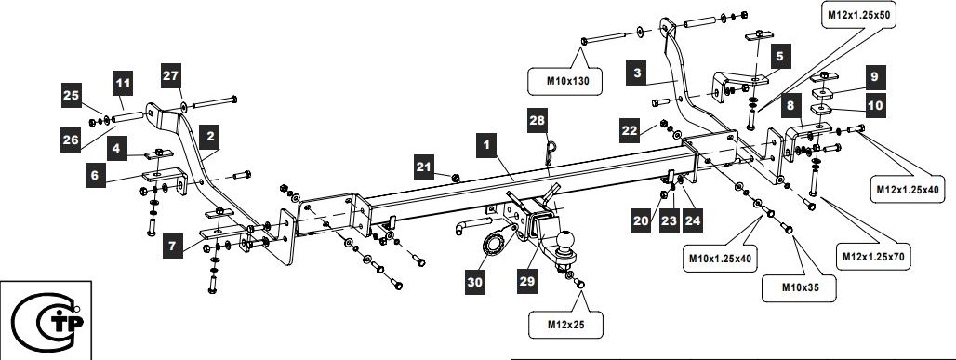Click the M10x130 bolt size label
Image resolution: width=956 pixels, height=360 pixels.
pos(564,81)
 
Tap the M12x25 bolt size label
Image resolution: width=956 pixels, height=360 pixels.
pos(565,325)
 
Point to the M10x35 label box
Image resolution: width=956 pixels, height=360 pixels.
pos(799,287)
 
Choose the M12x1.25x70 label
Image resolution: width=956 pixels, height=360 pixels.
pos(872,256)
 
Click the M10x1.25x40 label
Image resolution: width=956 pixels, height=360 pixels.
pos(719,258)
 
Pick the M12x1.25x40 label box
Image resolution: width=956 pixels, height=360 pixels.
pos(907,189)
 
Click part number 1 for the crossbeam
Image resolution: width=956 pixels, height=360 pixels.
pos(486,146)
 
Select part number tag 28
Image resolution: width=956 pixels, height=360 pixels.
pos(538,122)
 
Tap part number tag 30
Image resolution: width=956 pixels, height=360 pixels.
pos(475,283)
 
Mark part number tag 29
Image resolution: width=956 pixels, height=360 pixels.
pos(527,281)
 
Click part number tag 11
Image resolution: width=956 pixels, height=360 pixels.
pos(122,83)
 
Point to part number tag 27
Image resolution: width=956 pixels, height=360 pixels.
pos(171,75)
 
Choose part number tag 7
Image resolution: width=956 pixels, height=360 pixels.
pos(173,247)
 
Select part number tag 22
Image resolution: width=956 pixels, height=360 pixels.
pos(630,130)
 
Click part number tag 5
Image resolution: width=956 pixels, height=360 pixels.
pos(780,57)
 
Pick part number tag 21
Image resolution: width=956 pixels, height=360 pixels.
pos(424,167)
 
